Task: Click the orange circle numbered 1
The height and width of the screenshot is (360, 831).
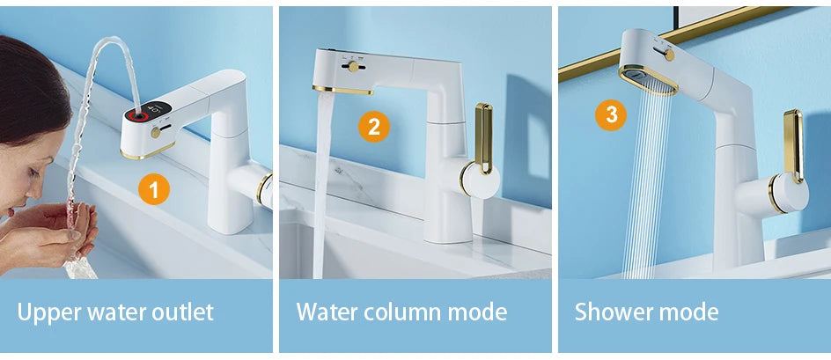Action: (154, 188)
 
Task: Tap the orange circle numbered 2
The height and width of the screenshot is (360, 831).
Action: (373, 127)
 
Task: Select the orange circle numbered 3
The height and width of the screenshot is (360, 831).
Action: (610, 114)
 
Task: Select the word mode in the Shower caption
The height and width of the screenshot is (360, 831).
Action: (690, 312)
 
